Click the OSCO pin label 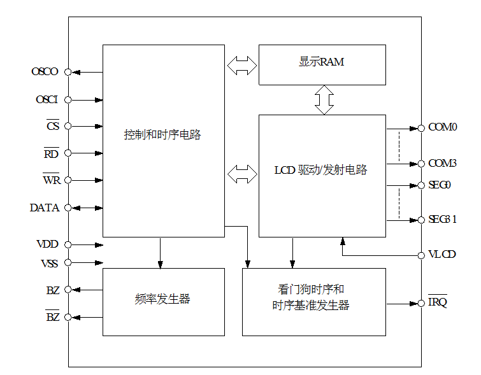[45, 72]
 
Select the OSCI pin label [47, 100]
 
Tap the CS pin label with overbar [53, 126]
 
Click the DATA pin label [45, 208]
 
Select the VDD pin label [47, 244]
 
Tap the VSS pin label [48, 262]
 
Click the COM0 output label [443, 127]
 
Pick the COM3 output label [443, 164]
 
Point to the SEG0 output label [440, 185]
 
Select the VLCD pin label [442, 255]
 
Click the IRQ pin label [438, 302]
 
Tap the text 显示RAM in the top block [322, 62]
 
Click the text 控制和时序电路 [162, 135]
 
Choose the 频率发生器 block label [163, 299]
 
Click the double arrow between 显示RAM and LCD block [324, 99]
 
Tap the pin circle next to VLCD [421, 255]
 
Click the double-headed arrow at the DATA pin [85, 208]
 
